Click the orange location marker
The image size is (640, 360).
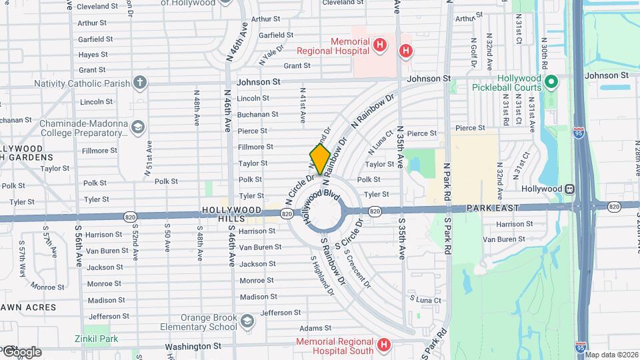click(x=320, y=159)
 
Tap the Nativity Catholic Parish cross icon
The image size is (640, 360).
click(x=139, y=83)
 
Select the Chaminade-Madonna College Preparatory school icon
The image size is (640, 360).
click(x=137, y=127)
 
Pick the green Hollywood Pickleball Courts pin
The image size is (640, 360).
click(x=551, y=83)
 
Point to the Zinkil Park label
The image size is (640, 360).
click(x=96, y=339)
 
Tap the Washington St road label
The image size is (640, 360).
click(x=193, y=347)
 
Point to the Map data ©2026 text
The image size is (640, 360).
click(x=611, y=355)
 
